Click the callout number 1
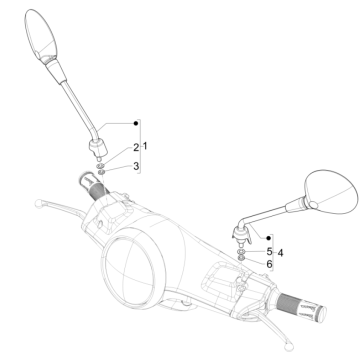point(145,147)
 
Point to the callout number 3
point(137,165)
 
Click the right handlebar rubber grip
point(304,327)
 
